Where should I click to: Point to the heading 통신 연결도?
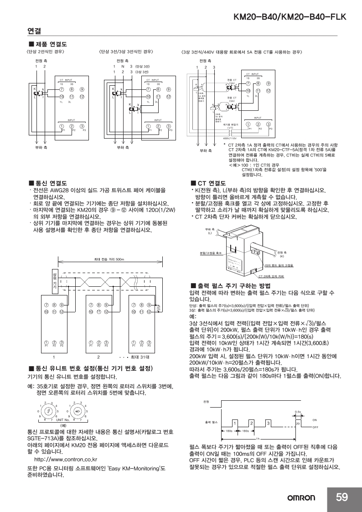(x=48, y=182)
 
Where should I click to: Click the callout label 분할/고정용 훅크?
(x=211, y=252)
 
